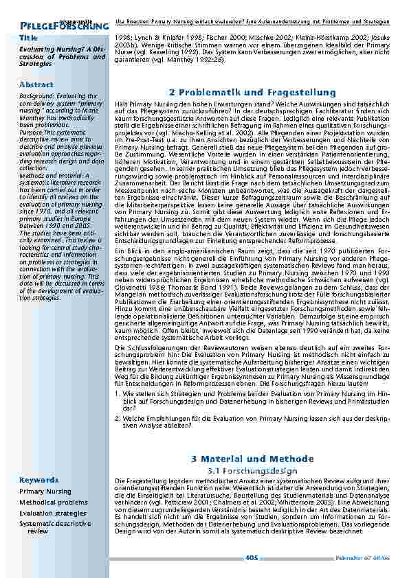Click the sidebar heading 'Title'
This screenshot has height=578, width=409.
pos(29,37)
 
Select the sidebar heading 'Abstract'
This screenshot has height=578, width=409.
pos(37,84)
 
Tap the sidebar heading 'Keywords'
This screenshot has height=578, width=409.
pos(39,480)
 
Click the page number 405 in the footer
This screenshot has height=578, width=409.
pos(252,558)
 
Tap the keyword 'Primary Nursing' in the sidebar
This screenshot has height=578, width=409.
pos(45,492)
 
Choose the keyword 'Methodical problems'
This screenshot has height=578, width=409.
pos(54,502)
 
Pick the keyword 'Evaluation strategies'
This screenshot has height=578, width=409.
pos(53,513)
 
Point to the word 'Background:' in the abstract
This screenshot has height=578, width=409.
pos(37,97)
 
